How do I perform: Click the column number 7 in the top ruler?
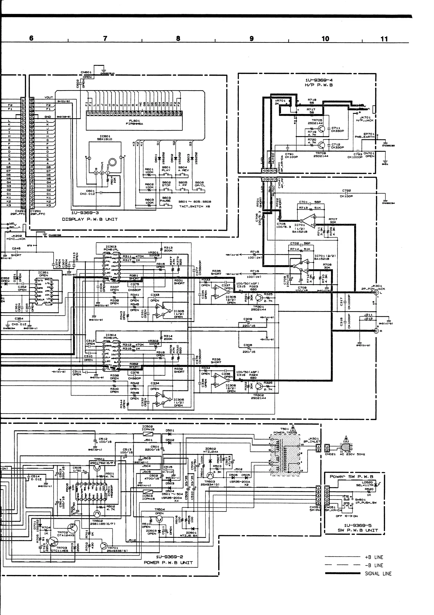[105, 38]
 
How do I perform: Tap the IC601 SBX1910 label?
[105, 138]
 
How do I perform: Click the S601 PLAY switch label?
[166, 169]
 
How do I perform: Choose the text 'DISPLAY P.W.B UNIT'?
[90, 219]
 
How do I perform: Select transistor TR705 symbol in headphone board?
[322, 129]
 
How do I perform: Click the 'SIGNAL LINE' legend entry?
[378, 573]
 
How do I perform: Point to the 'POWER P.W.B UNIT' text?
[168, 563]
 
